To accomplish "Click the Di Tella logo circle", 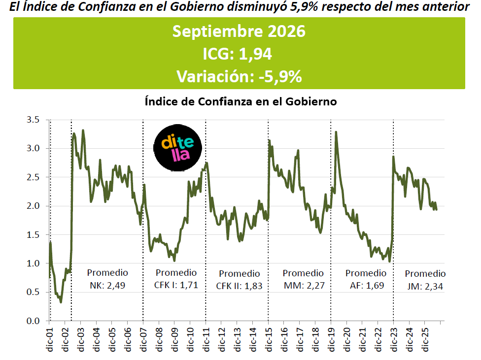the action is tap(177, 148).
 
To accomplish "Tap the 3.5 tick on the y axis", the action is tap(33, 120).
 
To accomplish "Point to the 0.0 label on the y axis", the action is tap(33, 321).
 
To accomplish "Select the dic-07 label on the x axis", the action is tap(143, 340).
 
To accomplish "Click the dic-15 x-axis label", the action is tap(269, 340).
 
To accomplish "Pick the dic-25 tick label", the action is tap(425, 340).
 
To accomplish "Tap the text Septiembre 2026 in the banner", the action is tap(239, 32).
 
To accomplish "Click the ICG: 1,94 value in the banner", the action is tap(238, 54).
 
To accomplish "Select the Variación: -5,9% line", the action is tap(240, 76).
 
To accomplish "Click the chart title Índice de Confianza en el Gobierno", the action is tap(241, 101).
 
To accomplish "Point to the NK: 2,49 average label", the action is tap(107, 286).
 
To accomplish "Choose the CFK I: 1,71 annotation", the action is tap(176, 285).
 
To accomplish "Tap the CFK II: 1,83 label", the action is tap(240, 286).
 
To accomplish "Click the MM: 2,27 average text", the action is tap(304, 286).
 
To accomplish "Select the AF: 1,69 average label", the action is tap(367, 286).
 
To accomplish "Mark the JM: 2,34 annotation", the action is tap(425, 287).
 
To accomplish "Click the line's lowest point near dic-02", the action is tap(61, 302).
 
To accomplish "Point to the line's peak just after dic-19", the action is tap(336, 132).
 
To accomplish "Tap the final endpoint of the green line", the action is tap(436, 209).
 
